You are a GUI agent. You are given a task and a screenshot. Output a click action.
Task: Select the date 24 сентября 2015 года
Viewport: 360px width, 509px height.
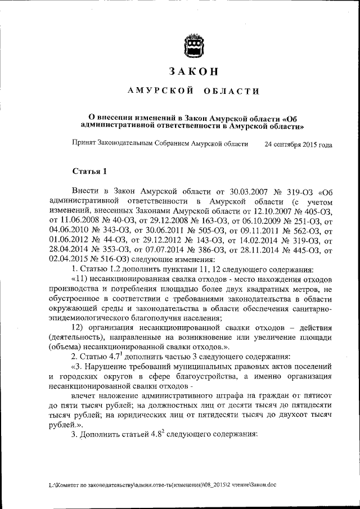point(298,144)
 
